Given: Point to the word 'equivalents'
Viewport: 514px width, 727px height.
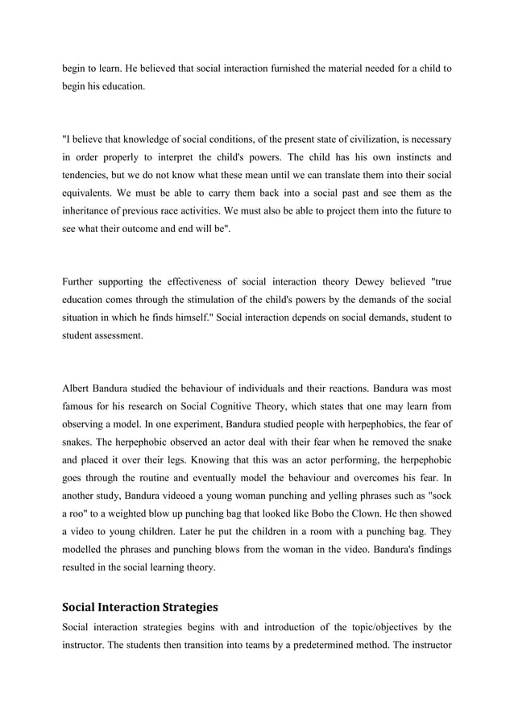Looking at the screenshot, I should click(93, 193).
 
